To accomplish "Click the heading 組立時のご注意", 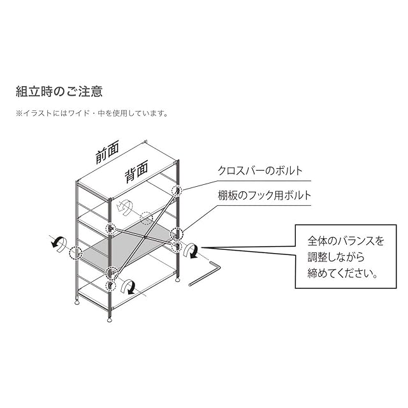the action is pyautogui.click(x=59, y=92).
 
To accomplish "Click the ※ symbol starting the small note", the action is pyautogui.click(x=19, y=113).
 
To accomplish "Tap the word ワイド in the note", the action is pyautogui.click(x=78, y=113).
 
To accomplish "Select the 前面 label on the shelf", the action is pyautogui.click(x=107, y=152).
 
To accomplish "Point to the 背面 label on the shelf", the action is pyautogui.click(x=136, y=171).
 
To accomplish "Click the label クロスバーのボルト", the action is pyautogui.click(x=260, y=171).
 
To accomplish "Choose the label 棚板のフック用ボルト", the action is pyautogui.click(x=265, y=195).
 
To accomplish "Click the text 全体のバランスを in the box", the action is pyautogui.click(x=346, y=241).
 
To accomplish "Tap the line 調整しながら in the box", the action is pyautogui.click(x=336, y=257).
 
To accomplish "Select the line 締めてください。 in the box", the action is pyautogui.click(x=343, y=273).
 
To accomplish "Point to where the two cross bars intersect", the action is pyautogui.click(x=146, y=237).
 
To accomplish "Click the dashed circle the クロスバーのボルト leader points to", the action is pyautogui.click(x=177, y=191).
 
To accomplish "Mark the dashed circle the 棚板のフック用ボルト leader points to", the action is pyautogui.click(x=177, y=233).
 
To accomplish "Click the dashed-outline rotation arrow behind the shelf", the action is pyautogui.click(x=124, y=208).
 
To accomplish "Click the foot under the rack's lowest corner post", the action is pyautogui.click(x=110, y=319).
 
